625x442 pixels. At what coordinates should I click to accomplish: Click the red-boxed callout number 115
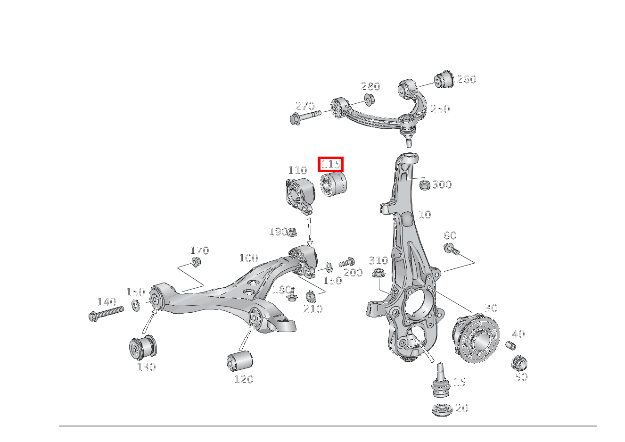tap(330, 164)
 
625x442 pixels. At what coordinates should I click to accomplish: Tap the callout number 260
tap(467, 79)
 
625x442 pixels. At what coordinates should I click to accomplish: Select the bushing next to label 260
tap(444, 79)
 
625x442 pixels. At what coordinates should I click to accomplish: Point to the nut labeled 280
tap(370, 100)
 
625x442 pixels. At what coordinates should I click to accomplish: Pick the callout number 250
tap(440, 109)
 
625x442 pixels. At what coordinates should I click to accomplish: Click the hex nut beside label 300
tap(425, 185)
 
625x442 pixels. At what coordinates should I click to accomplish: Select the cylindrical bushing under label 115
tap(333, 184)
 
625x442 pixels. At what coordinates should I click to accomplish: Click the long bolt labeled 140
tap(106, 314)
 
